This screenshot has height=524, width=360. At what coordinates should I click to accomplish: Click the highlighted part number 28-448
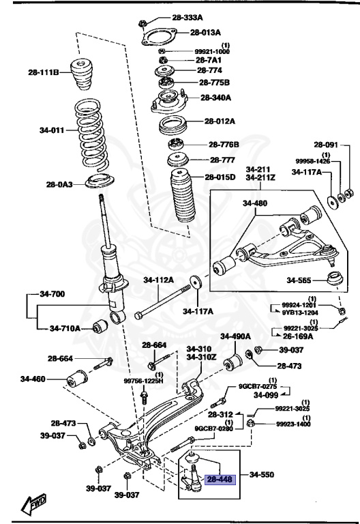point(220,480)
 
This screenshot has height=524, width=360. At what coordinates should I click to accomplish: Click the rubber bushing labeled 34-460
point(78,377)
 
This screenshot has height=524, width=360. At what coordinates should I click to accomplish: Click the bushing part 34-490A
point(234,359)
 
